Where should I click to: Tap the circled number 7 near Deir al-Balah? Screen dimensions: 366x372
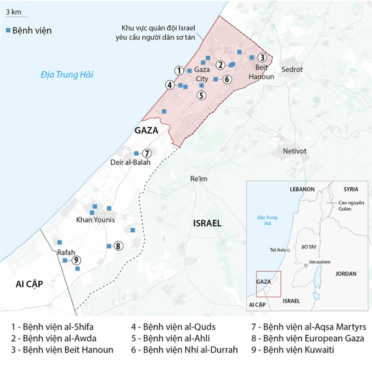click(147, 153)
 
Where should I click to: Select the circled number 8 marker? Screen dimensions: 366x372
click(118, 246)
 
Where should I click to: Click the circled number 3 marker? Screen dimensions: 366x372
click(261, 57)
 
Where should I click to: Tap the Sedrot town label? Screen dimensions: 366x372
click(293, 69)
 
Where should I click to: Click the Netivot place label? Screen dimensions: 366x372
click(294, 151)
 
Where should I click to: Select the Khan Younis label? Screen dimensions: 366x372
click(95, 220)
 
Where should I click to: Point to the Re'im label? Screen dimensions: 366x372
click(198, 178)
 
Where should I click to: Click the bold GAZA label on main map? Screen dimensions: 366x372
click(146, 130)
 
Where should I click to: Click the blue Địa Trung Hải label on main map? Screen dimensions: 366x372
click(67, 74)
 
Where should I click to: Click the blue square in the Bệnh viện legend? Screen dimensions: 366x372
click(8, 31)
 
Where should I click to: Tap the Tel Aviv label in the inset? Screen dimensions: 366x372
click(279, 250)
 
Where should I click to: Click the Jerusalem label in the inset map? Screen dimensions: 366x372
click(320, 262)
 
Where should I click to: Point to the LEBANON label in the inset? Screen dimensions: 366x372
click(302, 189)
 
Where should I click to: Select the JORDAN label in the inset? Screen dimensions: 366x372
click(346, 274)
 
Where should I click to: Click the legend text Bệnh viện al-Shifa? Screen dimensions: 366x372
click(53, 327)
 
